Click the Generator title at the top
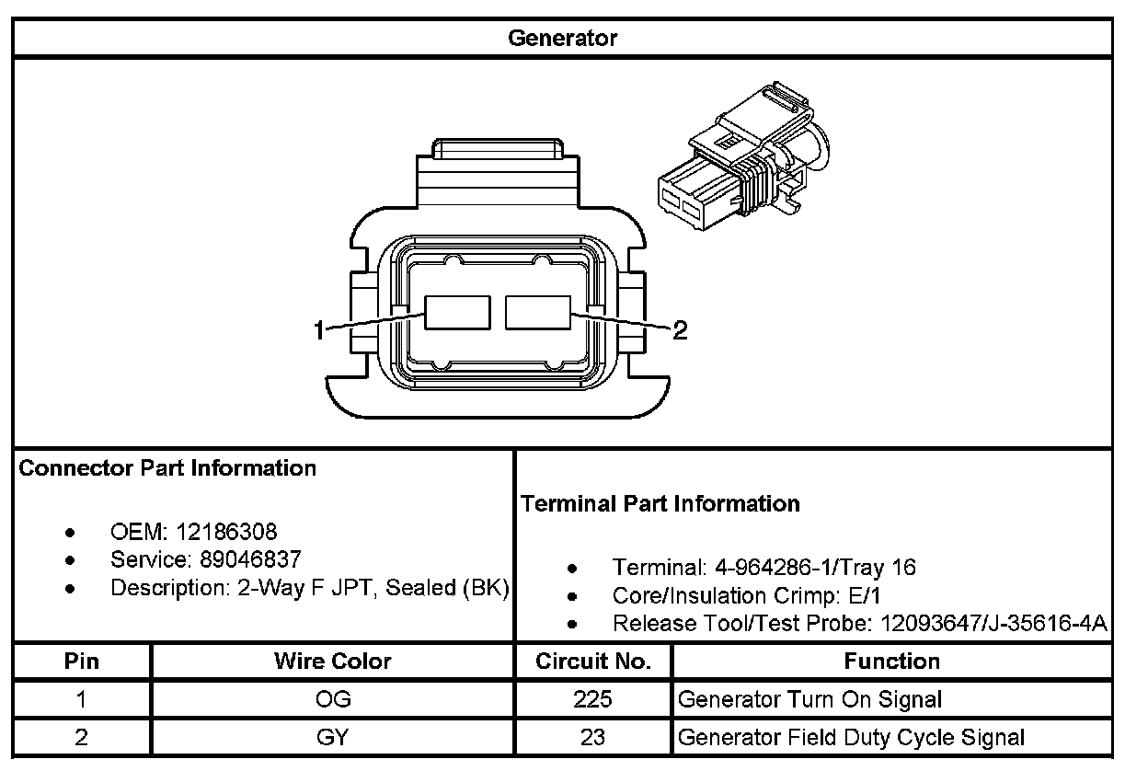coord(562,39)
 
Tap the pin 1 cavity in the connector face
coord(456,313)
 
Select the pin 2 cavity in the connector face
coord(538,313)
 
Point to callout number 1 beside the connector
coord(319,330)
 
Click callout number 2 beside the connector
coord(680,330)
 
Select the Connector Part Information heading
coord(167,468)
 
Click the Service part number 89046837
coord(250,559)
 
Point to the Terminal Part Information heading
coord(660,504)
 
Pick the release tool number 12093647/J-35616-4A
coord(993,624)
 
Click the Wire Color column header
coord(332,662)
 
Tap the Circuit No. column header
coord(593,662)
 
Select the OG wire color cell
coord(332,699)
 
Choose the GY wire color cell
coord(332,737)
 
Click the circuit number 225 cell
coord(593,699)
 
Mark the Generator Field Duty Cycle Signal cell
coord(851,737)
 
